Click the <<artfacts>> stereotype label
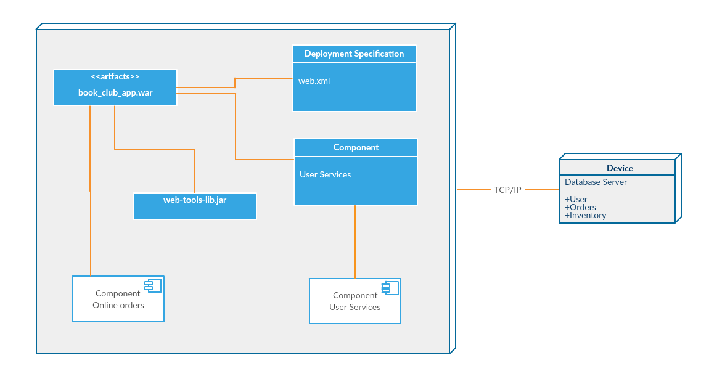coord(115,76)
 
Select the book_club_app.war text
coord(115,93)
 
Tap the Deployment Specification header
coord(354,54)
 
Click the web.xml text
coord(314,81)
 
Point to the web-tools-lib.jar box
coord(195,206)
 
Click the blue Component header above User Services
coord(356,147)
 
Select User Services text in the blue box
coord(326,174)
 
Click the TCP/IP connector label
coord(507,190)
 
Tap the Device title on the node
coord(620,168)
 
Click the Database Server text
coord(596,182)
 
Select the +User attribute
coord(576,199)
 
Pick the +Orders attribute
coord(580,207)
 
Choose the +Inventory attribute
coord(585,216)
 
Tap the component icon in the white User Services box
coord(390,287)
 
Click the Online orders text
coord(118,305)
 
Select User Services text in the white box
coord(355,307)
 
